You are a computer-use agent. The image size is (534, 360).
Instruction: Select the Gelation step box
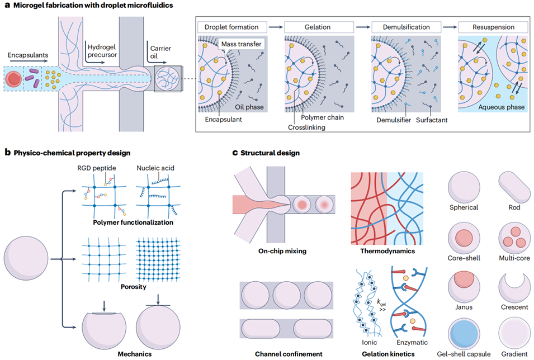click(317, 27)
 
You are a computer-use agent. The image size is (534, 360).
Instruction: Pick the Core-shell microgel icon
click(463, 236)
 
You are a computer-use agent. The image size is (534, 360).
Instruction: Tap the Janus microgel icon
click(463, 285)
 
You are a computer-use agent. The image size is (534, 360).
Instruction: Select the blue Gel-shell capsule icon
click(463, 334)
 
